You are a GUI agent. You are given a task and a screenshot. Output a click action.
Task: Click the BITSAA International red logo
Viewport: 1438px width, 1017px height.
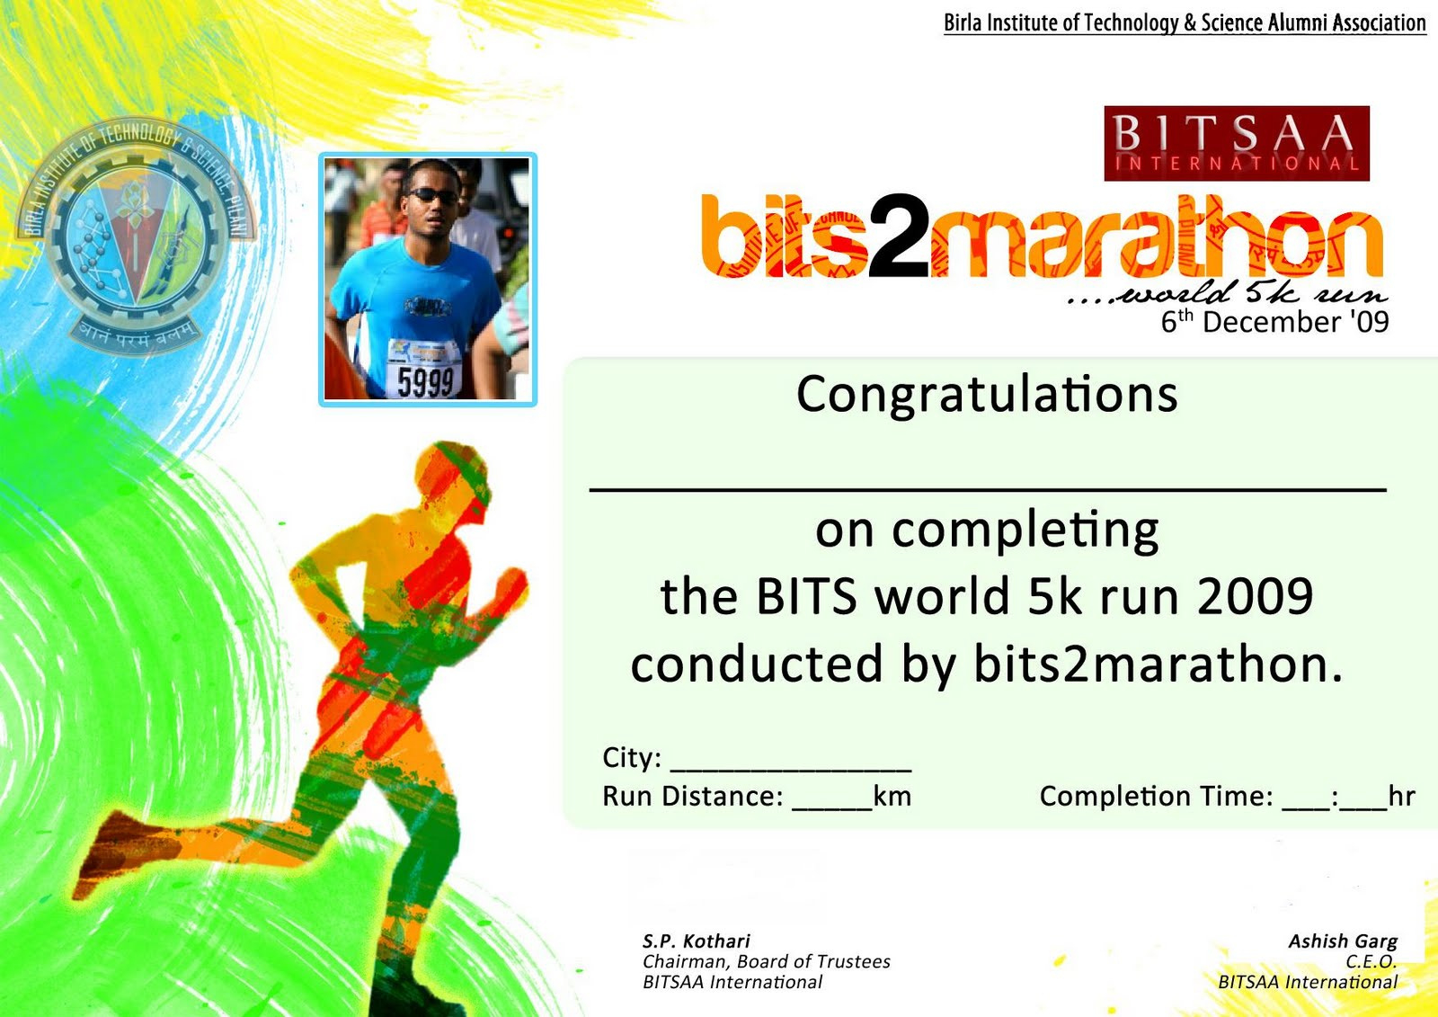click(1237, 143)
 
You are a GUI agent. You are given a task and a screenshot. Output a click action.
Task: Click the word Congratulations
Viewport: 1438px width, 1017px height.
click(988, 395)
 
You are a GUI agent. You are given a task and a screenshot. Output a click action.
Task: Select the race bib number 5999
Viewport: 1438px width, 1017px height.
click(425, 381)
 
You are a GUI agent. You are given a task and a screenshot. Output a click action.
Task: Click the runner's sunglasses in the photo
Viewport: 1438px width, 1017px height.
click(432, 194)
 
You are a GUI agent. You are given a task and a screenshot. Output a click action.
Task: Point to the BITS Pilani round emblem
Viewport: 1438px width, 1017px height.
click(135, 235)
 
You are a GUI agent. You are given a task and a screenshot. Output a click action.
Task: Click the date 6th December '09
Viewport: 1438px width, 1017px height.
click(1275, 321)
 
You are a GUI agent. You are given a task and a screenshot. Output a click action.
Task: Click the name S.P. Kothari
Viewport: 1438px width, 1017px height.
click(696, 941)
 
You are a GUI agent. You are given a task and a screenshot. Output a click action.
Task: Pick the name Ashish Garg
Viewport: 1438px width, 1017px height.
click(1343, 941)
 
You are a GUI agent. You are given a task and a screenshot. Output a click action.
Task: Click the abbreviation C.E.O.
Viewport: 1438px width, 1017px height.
click(1371, 962)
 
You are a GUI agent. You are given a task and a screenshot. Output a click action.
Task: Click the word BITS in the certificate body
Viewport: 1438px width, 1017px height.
click(806, 596)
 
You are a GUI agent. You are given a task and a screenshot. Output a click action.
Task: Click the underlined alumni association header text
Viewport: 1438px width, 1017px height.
click(1185, 23)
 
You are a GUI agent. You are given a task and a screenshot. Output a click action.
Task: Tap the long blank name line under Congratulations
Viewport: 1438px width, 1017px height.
click(988, 490)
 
